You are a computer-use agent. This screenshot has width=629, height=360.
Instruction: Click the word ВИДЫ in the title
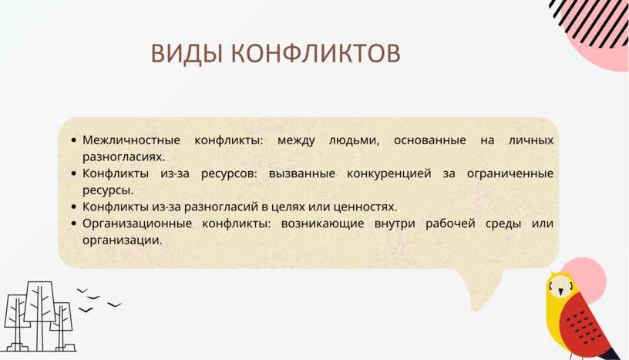(187, 53)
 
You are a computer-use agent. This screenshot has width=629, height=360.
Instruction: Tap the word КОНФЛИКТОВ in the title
(316, 53)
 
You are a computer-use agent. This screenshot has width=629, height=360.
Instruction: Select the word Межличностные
(131, 140)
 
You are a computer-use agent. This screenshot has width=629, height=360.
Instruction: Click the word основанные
(429, 140)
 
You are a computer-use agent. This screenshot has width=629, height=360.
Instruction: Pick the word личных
(531, 140)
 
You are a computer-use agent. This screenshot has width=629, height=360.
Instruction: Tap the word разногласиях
(123, 157)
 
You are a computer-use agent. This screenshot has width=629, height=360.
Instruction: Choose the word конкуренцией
(388, 173)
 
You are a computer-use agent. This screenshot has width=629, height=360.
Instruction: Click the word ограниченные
(510, 173)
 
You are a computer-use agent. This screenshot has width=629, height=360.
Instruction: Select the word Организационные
(137, 224)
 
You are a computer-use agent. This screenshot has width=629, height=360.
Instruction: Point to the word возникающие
(322, 224)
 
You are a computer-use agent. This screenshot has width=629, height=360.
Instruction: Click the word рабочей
(450, 223)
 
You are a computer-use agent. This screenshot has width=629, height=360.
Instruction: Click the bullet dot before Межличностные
(73, 140)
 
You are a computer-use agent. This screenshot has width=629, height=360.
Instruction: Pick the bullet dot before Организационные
(73, 224)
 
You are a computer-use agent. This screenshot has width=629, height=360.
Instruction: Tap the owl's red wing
(584, 321)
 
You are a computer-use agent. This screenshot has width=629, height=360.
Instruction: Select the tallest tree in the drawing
(39, 316)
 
